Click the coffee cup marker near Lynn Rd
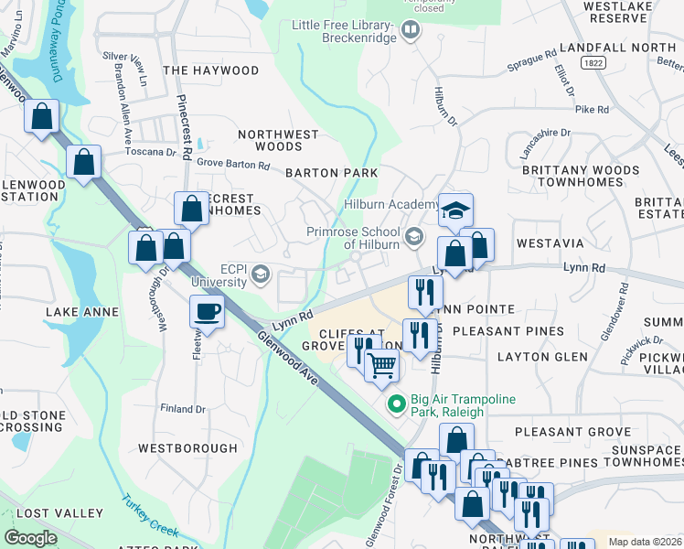point(208,311)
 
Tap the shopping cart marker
point(382,366)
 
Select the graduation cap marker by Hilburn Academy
point(455,210)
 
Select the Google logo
point(31,538)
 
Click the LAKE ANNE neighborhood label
point(82,312)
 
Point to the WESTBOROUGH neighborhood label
point(187,448)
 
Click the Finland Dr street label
point(183,409)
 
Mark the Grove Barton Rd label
point(234,166)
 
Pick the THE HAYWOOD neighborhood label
point(210,70)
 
